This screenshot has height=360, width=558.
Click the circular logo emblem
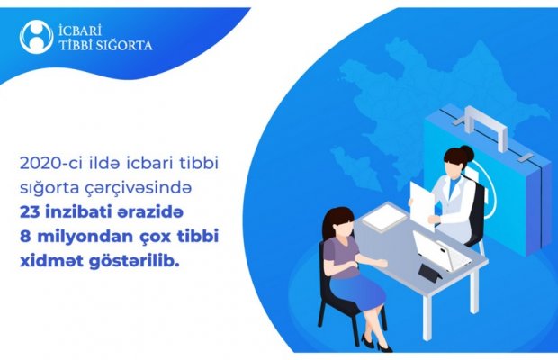(37, 37)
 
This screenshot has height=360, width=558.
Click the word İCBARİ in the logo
(80, 30)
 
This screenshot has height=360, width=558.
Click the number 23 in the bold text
(29, 212)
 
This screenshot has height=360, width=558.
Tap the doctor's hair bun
(466, 153)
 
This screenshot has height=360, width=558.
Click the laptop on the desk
(441, 251)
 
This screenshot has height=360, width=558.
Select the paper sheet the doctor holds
(422, 204)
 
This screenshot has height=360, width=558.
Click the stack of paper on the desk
(384, 216)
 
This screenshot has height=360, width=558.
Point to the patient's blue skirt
(359, 292)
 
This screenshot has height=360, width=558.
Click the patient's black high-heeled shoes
(376, 342)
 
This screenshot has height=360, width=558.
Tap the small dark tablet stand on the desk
(430, 272)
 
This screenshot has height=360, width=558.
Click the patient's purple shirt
(343, 256)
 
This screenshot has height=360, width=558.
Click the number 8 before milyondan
(25, 237)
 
